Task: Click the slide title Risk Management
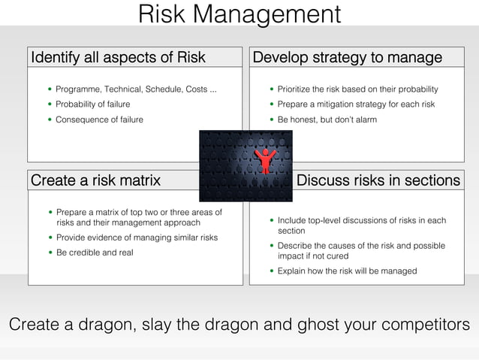point(239,14)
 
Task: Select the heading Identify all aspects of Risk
point(117,58)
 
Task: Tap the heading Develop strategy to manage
point(347,58)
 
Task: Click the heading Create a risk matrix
point(95,180)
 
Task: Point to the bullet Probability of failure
point(92,104)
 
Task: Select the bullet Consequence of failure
point(99,119)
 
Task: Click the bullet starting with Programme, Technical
point(136,89)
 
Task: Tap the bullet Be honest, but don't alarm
point(327,119)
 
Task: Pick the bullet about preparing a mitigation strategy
point(356,104)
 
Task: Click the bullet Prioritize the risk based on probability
point(357,89)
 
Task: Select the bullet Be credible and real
point(95,253)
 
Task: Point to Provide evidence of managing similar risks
point(137,237)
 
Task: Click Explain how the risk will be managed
point(347,271)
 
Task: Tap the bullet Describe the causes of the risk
point(361,250)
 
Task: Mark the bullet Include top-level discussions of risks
point(361,225)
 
